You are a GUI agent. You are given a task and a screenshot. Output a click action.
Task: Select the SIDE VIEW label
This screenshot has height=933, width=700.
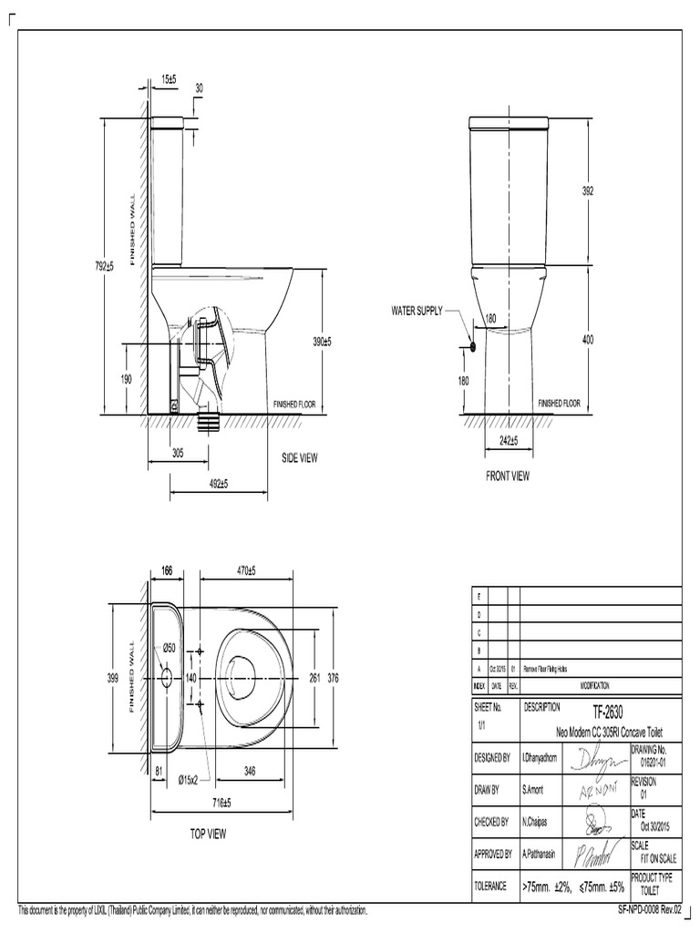299,458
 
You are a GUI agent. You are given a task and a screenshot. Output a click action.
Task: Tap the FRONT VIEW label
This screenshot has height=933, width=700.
508,476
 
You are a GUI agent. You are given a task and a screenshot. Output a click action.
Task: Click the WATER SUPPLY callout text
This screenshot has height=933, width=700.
417,311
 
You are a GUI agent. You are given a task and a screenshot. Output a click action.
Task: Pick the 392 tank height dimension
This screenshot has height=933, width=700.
588,191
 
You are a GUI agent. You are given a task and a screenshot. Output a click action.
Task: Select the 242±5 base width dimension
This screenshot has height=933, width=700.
508,441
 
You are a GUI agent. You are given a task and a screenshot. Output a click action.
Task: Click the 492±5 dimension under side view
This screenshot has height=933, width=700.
219,484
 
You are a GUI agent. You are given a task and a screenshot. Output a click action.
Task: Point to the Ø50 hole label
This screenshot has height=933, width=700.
169,648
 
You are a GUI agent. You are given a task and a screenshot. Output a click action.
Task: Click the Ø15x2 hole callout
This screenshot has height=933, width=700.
194,779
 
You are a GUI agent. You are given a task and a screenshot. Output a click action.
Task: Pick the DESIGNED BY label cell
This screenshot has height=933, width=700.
491,756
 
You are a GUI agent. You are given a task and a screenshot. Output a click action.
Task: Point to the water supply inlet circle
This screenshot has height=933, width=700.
473,346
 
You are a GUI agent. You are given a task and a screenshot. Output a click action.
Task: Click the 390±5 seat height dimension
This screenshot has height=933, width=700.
323,341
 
